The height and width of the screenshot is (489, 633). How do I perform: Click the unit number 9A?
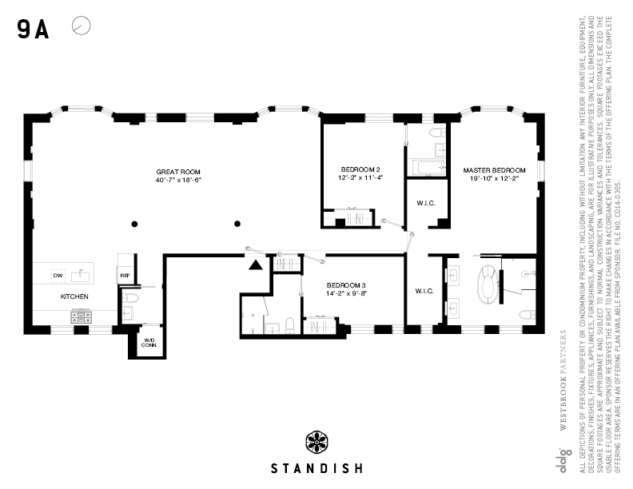[33, 30]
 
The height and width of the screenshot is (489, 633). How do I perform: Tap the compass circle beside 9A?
[81, 26]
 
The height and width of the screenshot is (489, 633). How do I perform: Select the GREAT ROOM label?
[177, 172]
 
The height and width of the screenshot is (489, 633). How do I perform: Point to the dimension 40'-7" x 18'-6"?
[177, 181]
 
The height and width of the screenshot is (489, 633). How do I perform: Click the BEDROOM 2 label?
[360, 169]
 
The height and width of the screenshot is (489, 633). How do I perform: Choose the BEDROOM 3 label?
[346, 285]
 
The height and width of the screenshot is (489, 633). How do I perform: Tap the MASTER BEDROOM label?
[494, 171]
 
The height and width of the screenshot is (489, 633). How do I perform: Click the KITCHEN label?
[74, 296]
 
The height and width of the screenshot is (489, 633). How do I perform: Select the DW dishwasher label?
[58, 276]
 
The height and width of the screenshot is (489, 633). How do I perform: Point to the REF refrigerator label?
[125, 276]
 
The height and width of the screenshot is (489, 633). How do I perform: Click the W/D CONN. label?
[149, 344]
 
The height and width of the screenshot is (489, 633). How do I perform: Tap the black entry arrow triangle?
[255, 265]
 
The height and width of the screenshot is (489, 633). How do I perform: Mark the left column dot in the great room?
[135, 223]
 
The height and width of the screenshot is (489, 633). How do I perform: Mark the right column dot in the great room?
[237, 223]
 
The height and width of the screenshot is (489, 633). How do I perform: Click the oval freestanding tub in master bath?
[486, 284]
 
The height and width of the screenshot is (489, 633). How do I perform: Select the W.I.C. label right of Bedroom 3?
[424, 291]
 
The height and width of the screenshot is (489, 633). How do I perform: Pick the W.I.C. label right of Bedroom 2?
[425, 202]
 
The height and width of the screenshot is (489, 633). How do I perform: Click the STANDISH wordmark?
[316, 467]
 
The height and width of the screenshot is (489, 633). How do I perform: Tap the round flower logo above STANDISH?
[316, 442]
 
